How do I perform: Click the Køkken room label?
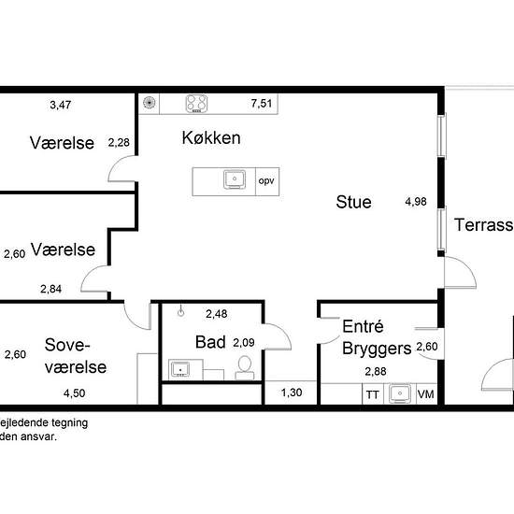coord(211,137)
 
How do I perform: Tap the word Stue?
coord(353,202)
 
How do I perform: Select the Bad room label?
coord(210,342)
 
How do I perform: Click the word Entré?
coord(363,326)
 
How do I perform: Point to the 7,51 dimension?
coord(262,104)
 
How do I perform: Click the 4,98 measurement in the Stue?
coord(416,202)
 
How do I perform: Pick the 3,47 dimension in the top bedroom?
coord(61,105)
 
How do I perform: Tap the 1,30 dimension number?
coord(292,393)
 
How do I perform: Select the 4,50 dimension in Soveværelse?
coord(75,393)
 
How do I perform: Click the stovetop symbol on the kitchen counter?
coord(196,104)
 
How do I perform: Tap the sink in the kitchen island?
coord(235,179)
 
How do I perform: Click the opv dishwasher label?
coord(267,181)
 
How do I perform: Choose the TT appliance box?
coord(372,394)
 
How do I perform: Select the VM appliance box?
coord(426,394)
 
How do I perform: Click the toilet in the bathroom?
coord(245,368)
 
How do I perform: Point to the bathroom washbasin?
coord(180,369)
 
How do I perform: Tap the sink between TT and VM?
coord(400,393)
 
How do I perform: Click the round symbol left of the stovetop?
coord(150,103)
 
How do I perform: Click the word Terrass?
coord(483,225)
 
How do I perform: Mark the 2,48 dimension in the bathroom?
coord(217,314)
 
